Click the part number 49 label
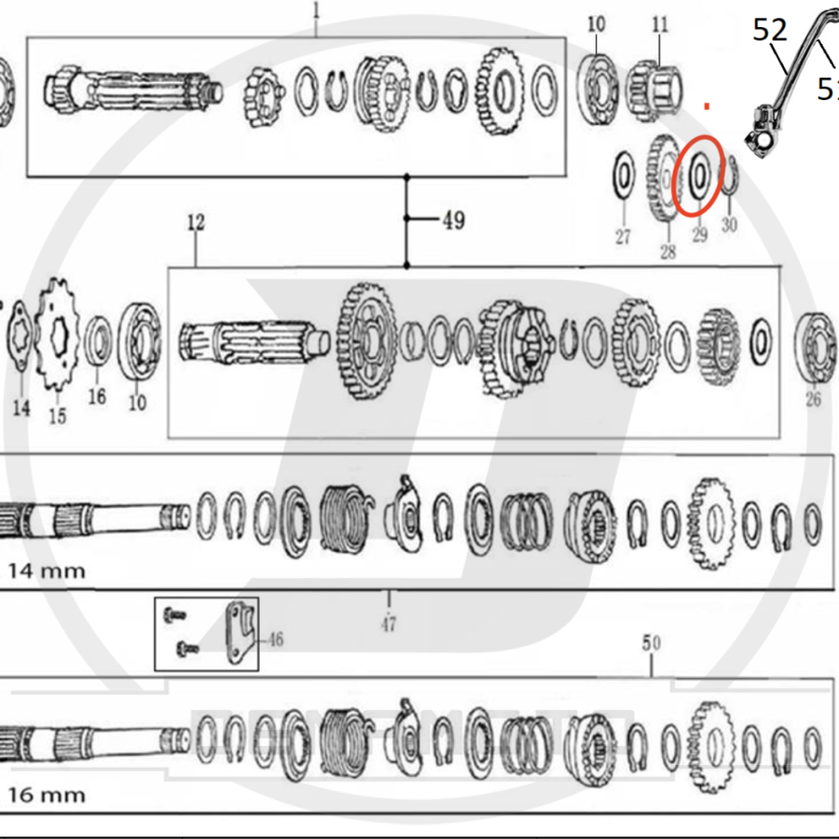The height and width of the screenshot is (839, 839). pos(453,219)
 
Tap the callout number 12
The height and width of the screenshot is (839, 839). pos(196,222)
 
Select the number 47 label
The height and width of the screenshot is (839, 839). pos(388,622)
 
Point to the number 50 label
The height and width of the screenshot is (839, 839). pos(651,643)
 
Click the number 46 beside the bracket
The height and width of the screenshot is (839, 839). pos(274,640)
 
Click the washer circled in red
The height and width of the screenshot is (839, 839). pos(699,176)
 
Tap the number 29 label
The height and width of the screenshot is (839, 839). pos(700,235)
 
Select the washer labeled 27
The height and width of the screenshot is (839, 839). pos(622,176)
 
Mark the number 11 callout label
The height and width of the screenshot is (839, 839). pos(660,24)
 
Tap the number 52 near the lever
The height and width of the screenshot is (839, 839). pos(770,31)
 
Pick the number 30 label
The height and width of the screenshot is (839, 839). pos(729,225)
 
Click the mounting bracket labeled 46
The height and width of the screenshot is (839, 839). pos(239,634)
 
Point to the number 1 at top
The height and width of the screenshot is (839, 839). pos(316,10)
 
